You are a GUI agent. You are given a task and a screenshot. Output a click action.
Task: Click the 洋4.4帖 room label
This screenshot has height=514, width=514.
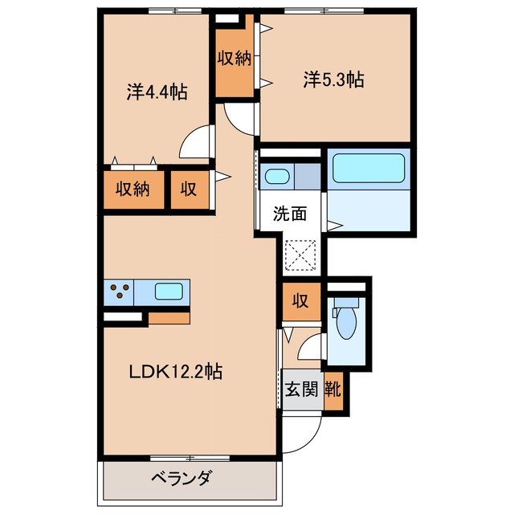[157, 92]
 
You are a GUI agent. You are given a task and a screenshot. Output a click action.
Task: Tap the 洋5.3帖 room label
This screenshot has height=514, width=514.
[333, 80]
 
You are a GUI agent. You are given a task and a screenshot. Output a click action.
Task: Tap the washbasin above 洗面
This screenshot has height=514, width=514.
[278, 176]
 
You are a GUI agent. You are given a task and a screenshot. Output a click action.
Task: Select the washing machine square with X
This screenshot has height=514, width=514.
[303, 256]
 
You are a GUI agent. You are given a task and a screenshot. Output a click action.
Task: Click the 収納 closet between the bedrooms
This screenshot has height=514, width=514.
[232, 59]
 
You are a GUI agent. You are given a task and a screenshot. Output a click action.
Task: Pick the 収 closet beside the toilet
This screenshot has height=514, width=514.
[300, 302]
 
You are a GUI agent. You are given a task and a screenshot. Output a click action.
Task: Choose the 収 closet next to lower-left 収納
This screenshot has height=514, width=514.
[189, 190]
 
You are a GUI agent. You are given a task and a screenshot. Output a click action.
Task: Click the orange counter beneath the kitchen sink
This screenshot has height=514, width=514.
[169, 316]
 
